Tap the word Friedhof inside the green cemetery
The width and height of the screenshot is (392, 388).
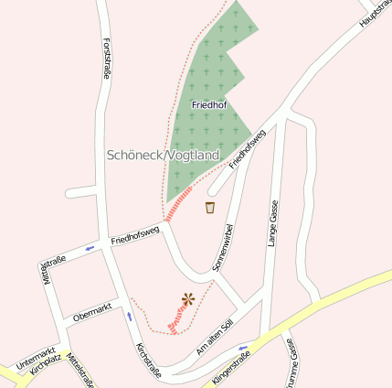pos(209,105)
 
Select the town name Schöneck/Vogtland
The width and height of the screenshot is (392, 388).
pos(164,155)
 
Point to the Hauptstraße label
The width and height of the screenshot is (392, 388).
pos(374,14)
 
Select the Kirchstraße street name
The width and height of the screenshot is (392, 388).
pos(148,361)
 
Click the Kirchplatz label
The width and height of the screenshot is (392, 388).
pos(46,364)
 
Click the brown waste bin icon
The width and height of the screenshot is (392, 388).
pos(210,208)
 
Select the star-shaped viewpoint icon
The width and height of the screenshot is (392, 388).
pos(188,297)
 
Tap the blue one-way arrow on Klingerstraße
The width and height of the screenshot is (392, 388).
pos(243,349)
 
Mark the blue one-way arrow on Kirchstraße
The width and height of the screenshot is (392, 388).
pos(129,317)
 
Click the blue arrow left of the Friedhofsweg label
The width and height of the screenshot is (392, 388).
pos(90,247)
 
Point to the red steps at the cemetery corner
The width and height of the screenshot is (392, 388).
pos(179,204)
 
